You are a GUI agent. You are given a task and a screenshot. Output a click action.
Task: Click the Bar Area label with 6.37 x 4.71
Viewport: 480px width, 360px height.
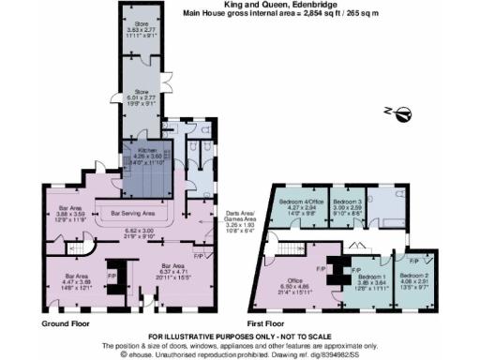pyautogui.click(x=174, y=251)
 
